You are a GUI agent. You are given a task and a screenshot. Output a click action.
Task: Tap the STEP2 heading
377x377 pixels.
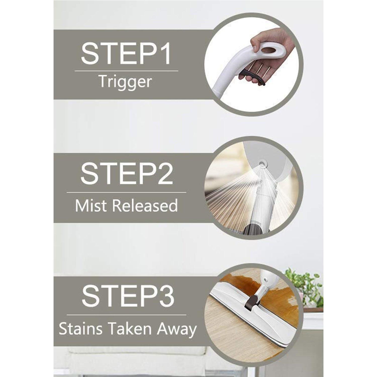pyautogui.click(x=126, y=174)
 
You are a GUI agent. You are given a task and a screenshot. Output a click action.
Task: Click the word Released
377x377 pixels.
pyautogui.click(x=145, y=206)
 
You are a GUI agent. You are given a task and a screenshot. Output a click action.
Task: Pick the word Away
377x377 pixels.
pyautogui.click(x=177, y=329)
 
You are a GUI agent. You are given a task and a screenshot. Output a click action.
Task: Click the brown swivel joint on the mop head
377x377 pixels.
pyautogui.click(x=253, y=300)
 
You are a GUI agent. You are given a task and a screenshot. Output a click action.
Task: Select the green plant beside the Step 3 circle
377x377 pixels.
pyautogui.click(x=305, y=287)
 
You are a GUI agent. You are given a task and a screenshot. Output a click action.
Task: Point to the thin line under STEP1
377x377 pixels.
pyautogui.click(x=126, y=71)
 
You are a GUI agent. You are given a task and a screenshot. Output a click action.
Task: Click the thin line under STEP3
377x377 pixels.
pyautogui.click(x=126, y=315)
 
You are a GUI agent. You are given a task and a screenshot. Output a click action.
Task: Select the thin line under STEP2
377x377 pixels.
pyautogui.click(x=126, y=193)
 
